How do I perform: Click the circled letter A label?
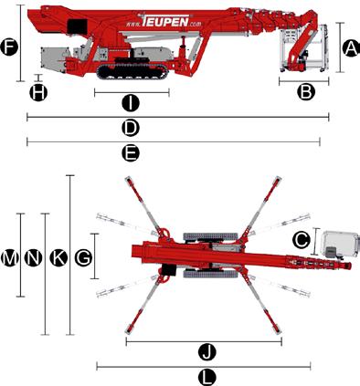coord(351,48)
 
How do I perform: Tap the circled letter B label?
coord(306,91)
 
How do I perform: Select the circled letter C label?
coord(302,241)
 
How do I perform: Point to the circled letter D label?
coord(131,128)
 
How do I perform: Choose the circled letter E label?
coord(131,152)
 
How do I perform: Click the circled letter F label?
coord(9,47)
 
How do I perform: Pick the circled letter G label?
coord(83,258)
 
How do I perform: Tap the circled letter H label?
coord(38,92)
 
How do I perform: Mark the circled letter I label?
coord(131,103)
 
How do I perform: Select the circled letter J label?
coord(207,352)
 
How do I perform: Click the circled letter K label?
coord(58,258)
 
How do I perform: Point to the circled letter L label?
coord(207,378)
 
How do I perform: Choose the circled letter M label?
coord(10,258)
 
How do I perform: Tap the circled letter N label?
coord(34,258)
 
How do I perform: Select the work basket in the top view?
coord(341,244)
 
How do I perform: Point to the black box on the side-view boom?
coord(78,26)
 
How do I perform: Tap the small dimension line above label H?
coord(37,78)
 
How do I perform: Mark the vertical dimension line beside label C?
coord(316,241)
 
